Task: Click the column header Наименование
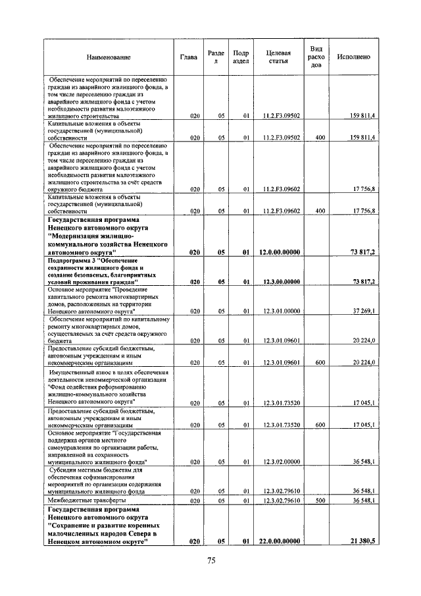tap(108, 57)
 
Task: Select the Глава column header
tap(188, 57)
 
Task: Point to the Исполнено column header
tap(353, 57)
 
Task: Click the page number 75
tap(212, 561)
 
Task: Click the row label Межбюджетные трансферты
tap(82, 501)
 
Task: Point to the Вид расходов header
tap(316, 57)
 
